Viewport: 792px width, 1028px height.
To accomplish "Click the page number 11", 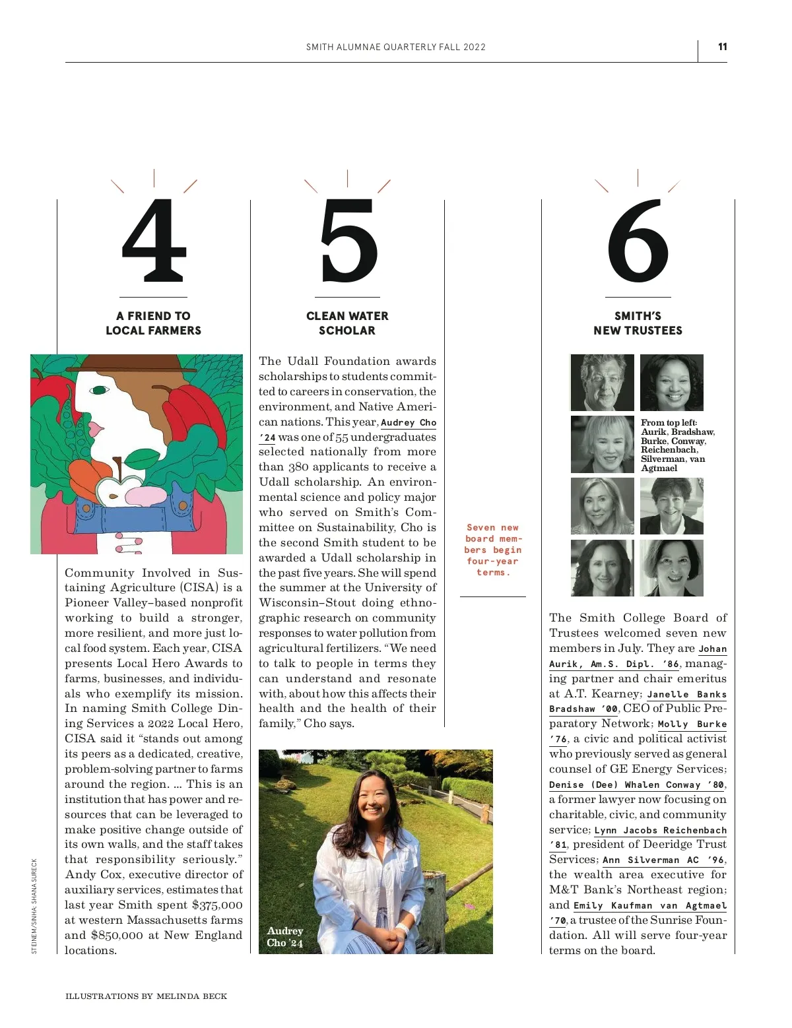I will [x=722, y=47].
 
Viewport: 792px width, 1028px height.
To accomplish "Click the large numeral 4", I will [x=154, y=240].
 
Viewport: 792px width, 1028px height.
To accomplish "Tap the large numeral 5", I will [x=348, y=240].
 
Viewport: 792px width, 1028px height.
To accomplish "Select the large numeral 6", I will [x=638, y=240].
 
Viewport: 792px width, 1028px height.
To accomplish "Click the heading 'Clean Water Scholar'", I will [x=347, y=323].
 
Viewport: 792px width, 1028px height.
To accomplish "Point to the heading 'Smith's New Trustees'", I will [x=638, y=323].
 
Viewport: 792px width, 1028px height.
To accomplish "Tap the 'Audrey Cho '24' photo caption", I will [x=284, y=936].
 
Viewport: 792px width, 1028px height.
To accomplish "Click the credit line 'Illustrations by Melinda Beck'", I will [x=146, y=996].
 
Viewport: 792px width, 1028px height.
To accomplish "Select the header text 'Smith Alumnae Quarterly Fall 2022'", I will [x=396, y=47].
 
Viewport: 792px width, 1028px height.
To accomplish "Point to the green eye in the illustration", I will [x=99, y=390].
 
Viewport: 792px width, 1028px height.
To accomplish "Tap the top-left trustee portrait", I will [x=602, y=383].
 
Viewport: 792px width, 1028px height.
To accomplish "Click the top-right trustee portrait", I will [x=672, y=383].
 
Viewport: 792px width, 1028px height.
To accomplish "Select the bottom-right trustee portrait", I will [x=672, y=568].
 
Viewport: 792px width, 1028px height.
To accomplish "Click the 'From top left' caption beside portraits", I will [x=676, y=445].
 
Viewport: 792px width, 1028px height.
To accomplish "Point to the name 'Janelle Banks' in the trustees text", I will [x=686, y=694].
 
